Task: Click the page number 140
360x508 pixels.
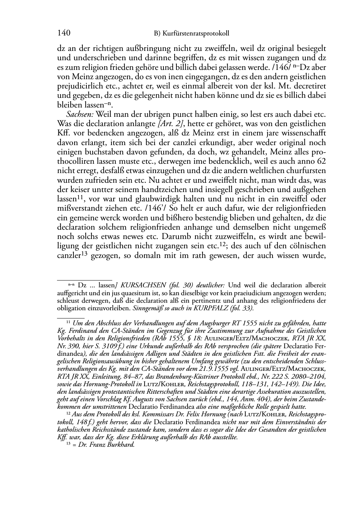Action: [63, 34]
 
